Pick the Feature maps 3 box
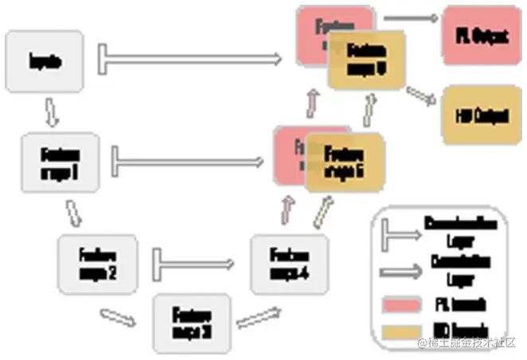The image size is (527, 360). coord(192,322)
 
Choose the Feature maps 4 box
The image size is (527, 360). coord(289,262)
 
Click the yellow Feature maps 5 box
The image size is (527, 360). coord(344,162)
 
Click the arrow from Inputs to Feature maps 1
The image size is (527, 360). coord(51,113)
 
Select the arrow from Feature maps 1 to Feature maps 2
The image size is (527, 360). coord(76,213)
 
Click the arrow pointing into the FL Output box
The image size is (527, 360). coord(411,17)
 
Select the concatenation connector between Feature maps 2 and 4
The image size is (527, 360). coord(194,260)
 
